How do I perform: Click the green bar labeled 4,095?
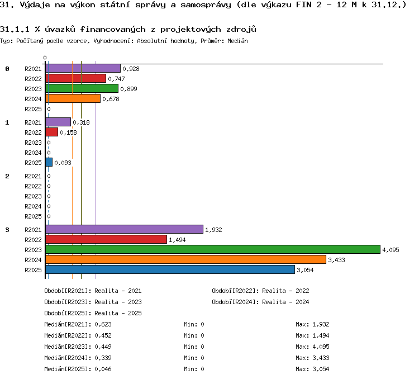click(213, 249)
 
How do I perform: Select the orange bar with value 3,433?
click(185, 259)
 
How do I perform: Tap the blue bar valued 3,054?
click(170, 269)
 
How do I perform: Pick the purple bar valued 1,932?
click(124, 229)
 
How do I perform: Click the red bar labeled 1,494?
click(106, 239)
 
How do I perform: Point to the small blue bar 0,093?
click(49, 162)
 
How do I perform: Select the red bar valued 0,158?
click(51, 132)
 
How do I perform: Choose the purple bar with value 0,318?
click(58, 122)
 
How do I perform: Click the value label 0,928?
click(131, 69)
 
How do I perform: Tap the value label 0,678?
click(111, 99)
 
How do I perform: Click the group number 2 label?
click(7, 176)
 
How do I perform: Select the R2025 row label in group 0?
click(33, 109)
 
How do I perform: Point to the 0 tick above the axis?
click(45, 58)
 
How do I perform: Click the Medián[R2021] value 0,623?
click(103, 324)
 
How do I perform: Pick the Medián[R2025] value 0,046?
click(103, 369)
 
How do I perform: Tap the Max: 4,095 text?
click(312, 347)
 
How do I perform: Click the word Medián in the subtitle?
click(237, 41)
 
